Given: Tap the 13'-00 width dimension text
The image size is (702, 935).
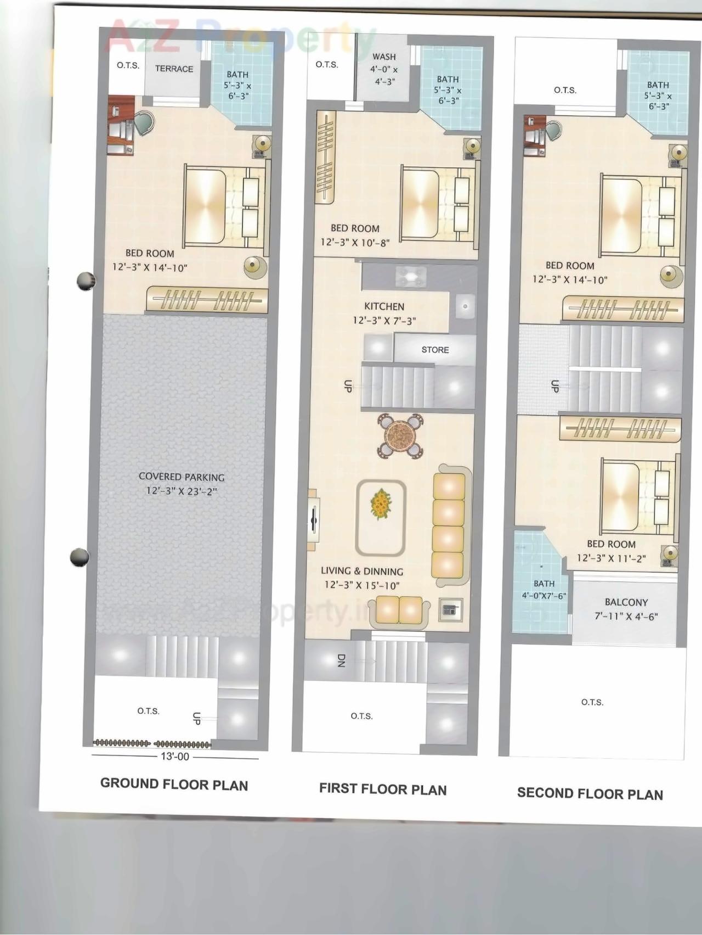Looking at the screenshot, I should pyautogui.click(x=174, y=757).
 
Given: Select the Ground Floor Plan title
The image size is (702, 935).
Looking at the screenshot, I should pyautogui.click(x=174, y=785).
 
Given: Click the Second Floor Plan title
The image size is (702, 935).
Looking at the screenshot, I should pyautogui.click(x=590, y=794).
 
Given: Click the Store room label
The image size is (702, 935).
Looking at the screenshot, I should pyautogui.click(x=435, y=350).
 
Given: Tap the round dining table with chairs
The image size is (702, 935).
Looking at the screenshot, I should pyautogui.click(x=400, y=436).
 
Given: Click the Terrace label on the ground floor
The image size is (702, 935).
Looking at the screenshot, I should pyautogui.click(x=174, y=69).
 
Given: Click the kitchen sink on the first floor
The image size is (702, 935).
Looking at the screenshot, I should pyautogui.click(x=465, y=306).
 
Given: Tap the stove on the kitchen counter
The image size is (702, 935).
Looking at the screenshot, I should pyautogui.click(x=410, y=277).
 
